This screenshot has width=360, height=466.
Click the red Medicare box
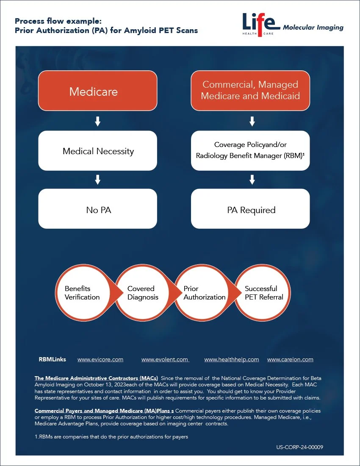pos(97,91)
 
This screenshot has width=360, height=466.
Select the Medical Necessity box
pos(97,151)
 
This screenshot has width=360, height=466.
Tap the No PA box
pos(97,209)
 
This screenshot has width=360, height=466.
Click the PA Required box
pos(250,209)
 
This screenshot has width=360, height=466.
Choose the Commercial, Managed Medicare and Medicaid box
pos(250,91)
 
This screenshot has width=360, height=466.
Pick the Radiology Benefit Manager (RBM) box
pos(250,151)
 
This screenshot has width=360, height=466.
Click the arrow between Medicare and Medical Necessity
pos(97,122)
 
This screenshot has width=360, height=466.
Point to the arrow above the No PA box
pos(97,180)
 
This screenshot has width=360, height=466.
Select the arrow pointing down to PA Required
pos(252,180)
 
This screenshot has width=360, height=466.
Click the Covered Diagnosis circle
pos(142,293)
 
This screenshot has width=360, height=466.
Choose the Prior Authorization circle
pos(202,293)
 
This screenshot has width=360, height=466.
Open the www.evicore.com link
pos(100,360)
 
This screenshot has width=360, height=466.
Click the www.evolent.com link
pos(165,360)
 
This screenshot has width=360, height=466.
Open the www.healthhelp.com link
pos(231,360)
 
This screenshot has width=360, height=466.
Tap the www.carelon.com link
pos(290,360)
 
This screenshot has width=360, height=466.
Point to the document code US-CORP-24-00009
pos(299,447)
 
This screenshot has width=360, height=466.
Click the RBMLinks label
pos(53,360)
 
